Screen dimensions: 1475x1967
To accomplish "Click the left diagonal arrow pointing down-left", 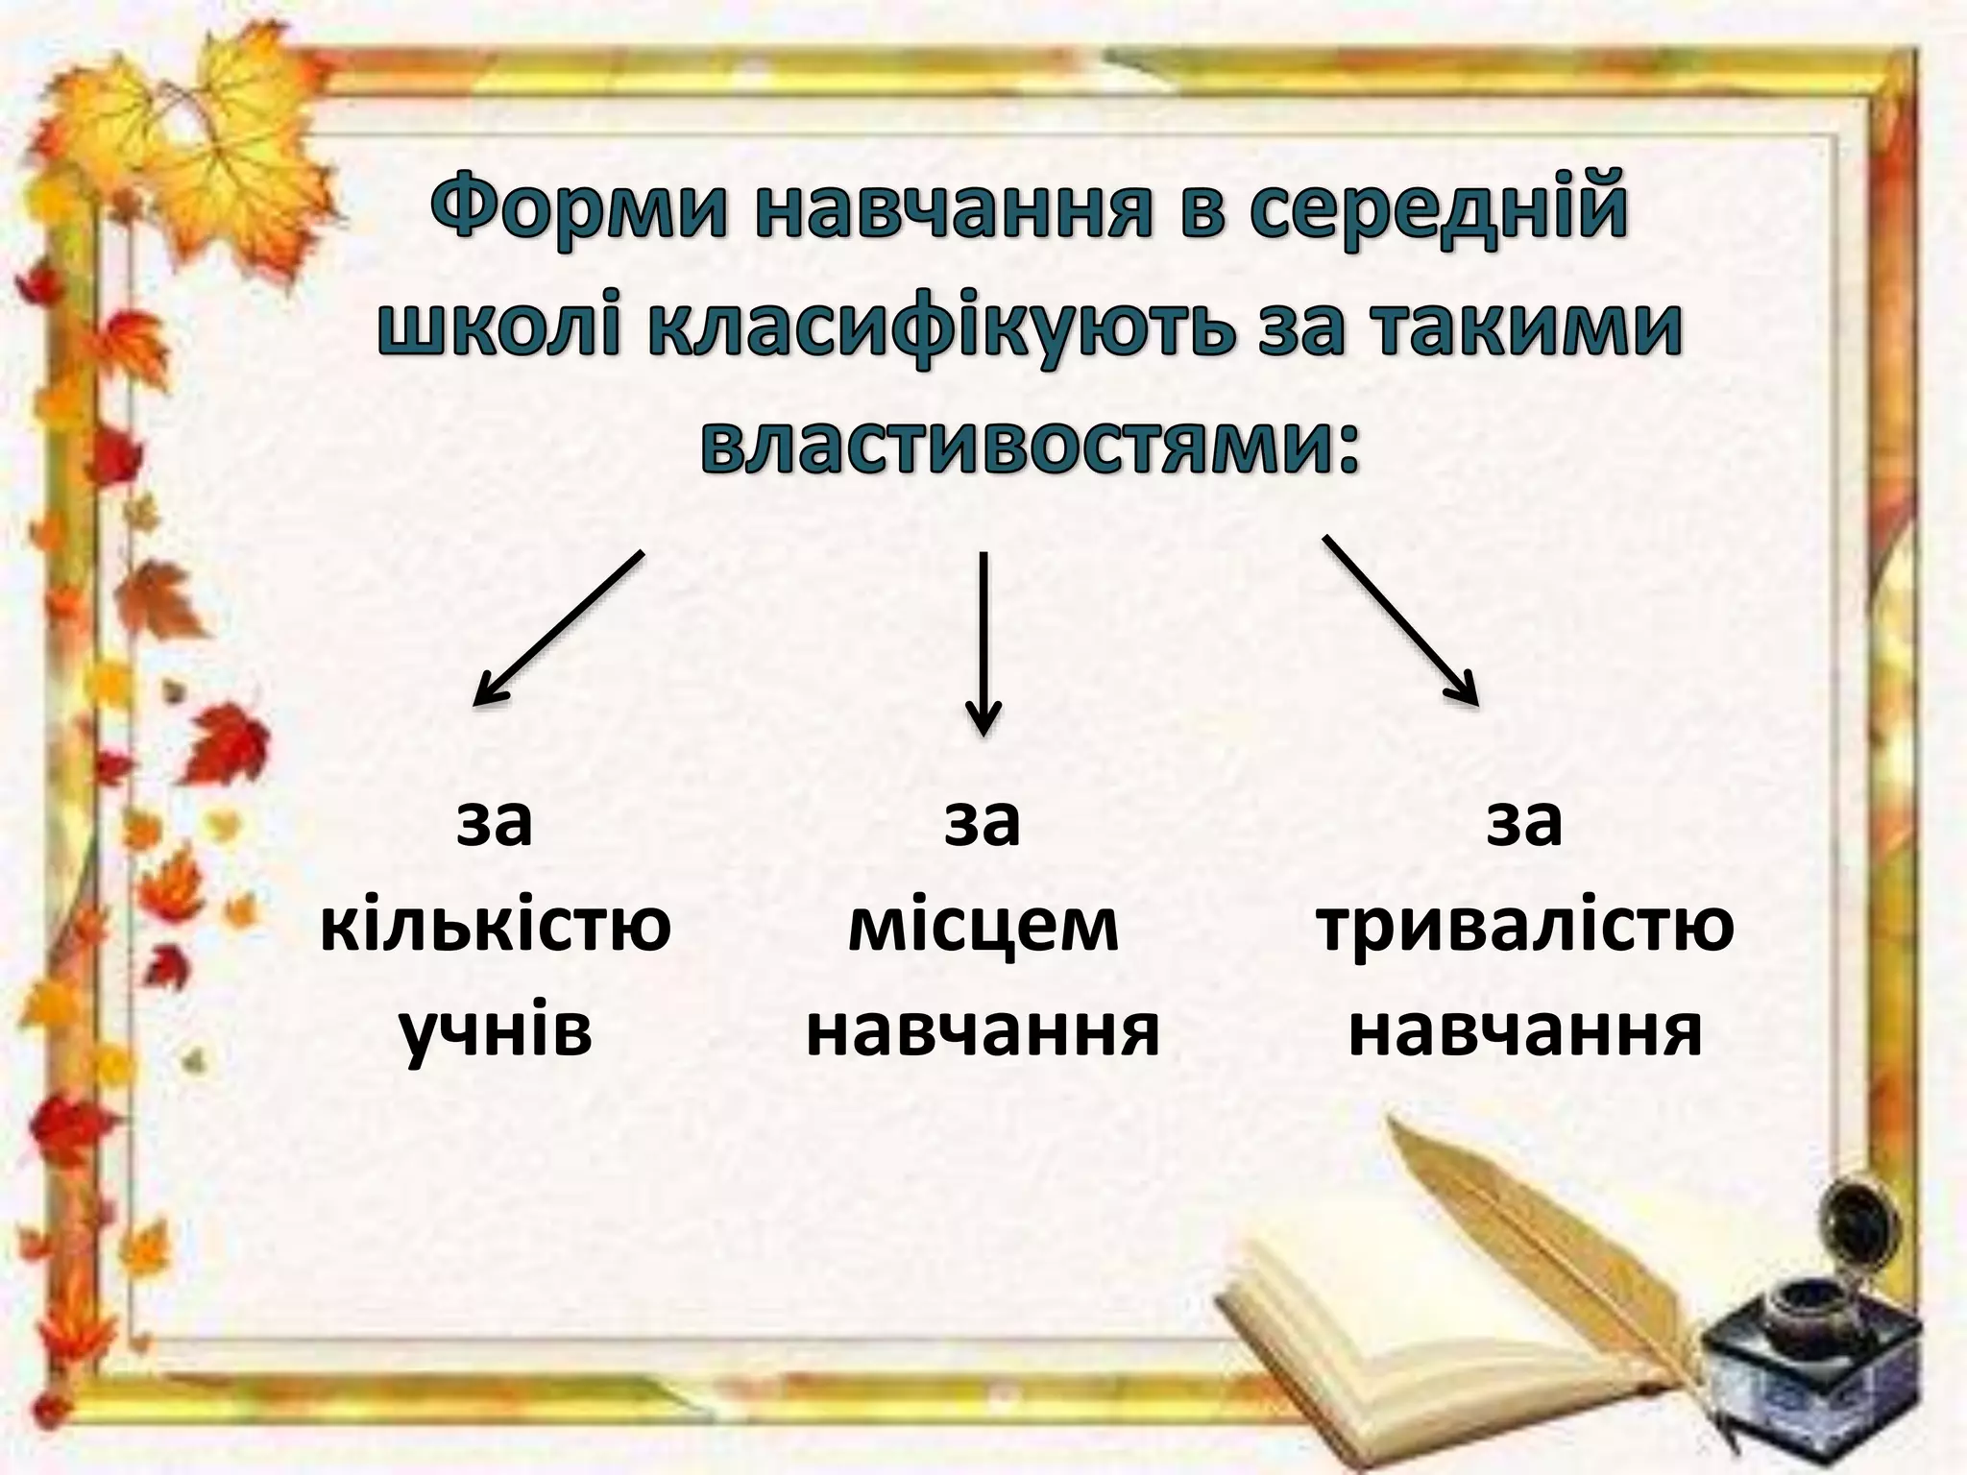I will click(x=557, y=629).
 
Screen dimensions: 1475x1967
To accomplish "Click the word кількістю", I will click(x=495, y=928).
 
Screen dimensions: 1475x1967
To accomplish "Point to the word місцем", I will click(x=983, y=928).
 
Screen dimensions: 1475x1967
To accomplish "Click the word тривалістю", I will click(x=1525, y=928).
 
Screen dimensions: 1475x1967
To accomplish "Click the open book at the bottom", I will click(x=1393, y=1344).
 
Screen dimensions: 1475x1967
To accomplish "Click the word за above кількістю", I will click(x=495, y=822).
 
